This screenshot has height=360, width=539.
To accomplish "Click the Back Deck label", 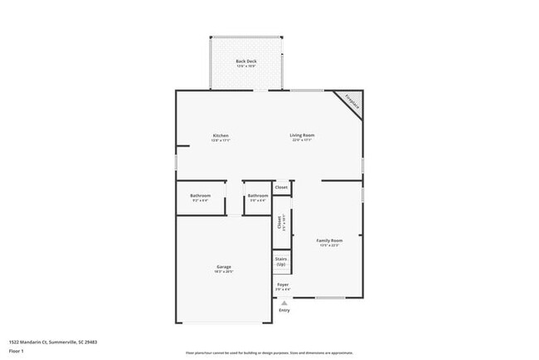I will tap(245, 61).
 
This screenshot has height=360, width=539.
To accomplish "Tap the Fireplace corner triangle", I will tap(352, 103).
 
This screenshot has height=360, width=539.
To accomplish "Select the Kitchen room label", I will tap(220, 135).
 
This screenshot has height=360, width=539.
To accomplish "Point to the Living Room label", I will tap(302, 135).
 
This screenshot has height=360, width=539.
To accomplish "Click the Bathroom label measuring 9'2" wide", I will tap(200, 195).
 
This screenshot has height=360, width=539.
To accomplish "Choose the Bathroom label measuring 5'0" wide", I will tap(257, 195).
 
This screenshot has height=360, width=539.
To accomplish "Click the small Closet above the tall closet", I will tap(281, 187).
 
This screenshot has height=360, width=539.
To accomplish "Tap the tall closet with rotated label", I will tap(280, 223).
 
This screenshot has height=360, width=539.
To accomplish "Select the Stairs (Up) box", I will tap(280, 261).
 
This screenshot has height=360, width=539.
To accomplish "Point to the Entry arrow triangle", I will tap(284, 304).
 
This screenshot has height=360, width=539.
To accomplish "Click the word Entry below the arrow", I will tap(284, 311).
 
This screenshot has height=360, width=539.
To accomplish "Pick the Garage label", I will tap(224, 266).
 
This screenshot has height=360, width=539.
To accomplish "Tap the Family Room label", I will tap(328, 241).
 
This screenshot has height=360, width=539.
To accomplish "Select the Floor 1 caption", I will tap(17, 350).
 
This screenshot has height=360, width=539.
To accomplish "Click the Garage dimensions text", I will tap(224, 271).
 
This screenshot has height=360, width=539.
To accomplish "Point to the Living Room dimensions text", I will tap(302, 140).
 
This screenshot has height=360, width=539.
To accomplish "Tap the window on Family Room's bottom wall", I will tap(330, 298).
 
